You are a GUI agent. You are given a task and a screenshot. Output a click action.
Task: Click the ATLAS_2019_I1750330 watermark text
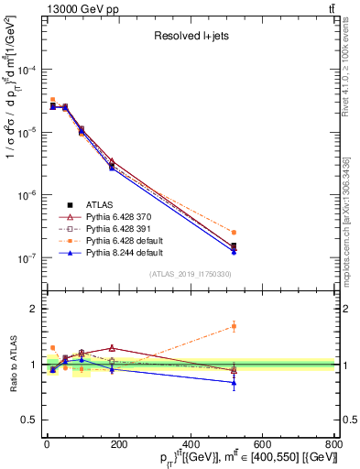[x=191, y=273]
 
